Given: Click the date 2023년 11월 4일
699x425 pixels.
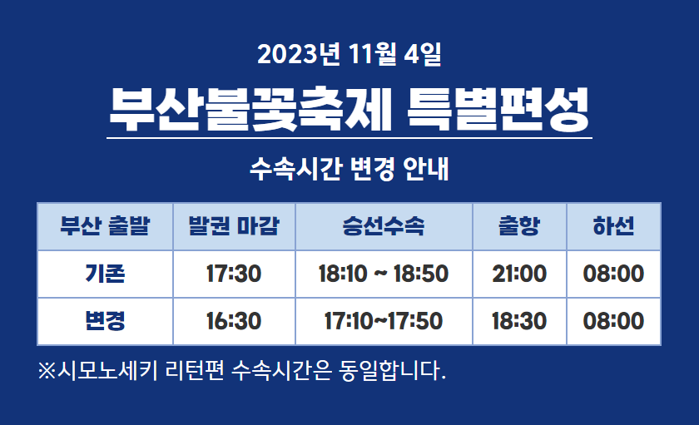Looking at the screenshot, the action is (x=349, y=54).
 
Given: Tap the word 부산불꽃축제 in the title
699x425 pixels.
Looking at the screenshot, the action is (x=250, y=110).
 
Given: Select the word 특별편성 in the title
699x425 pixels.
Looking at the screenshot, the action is (x=498, y=110).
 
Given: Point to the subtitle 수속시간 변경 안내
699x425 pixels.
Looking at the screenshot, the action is (x=349, y=169).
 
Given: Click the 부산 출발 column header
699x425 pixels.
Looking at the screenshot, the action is (x=105, y=226).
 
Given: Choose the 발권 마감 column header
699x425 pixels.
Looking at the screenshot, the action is (x=234, y=226).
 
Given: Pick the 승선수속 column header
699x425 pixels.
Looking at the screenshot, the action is (x=384, y=226).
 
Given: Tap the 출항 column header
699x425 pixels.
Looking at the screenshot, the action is (x=519, y=226).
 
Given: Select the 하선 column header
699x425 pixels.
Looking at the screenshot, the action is (x=613, y=226).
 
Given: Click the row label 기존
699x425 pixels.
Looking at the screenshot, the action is (x=105, y=274).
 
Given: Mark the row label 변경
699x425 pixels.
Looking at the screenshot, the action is (x=105, y=321).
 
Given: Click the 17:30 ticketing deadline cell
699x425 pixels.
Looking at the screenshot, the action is (x=234, y=274).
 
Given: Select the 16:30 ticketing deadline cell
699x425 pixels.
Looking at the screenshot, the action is (x=234, y=321).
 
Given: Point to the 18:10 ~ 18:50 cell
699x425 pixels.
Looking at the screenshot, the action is (x=384, y=274).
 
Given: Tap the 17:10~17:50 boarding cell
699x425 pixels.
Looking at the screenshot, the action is (x=384, y=321).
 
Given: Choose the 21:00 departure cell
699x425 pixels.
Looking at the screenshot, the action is (x=519, y=274).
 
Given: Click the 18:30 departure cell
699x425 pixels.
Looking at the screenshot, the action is (x=519, y=321).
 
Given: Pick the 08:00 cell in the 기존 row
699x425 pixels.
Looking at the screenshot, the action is (x=613, y=274).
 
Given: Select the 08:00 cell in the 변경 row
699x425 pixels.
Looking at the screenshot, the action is (x=613, y=321).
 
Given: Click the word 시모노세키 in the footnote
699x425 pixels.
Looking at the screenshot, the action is (x=107, y=370).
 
